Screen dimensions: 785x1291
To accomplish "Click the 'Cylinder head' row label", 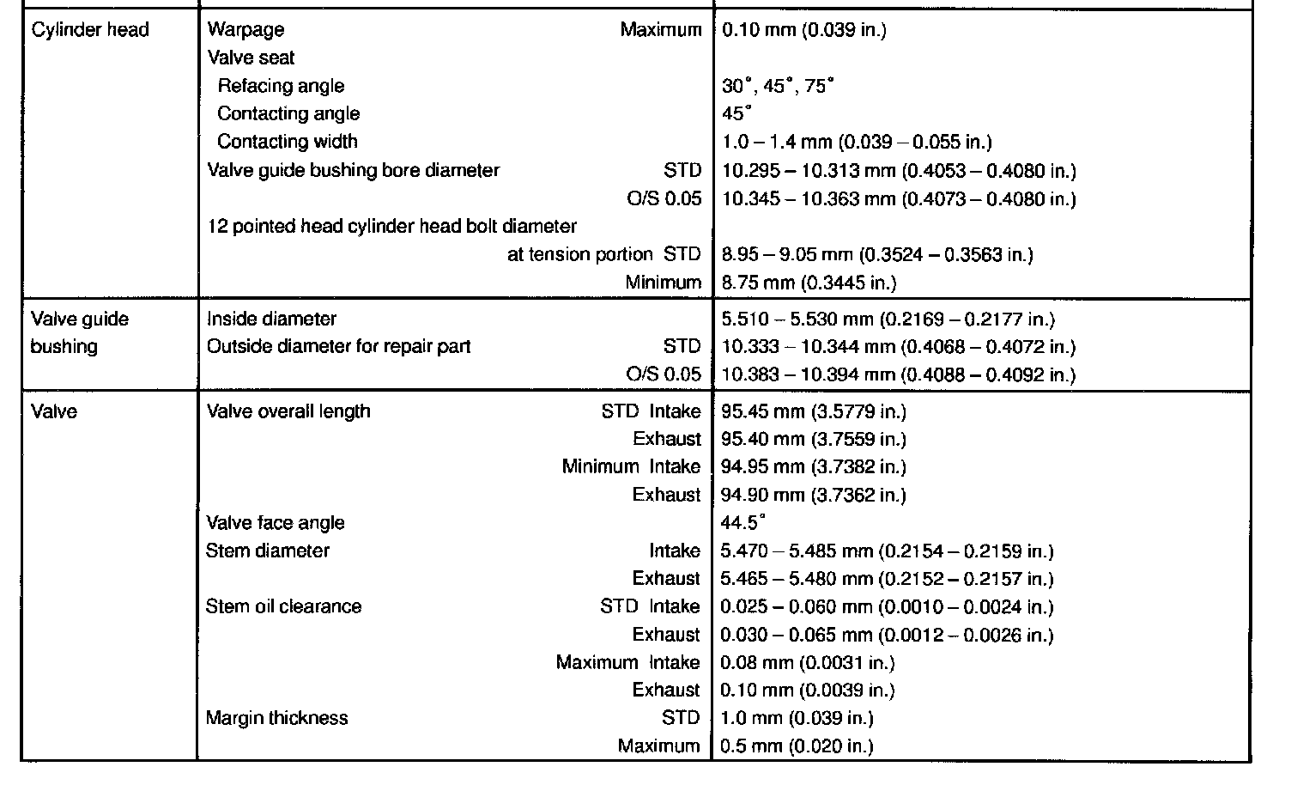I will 90,30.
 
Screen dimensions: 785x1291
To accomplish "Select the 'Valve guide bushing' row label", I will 79,332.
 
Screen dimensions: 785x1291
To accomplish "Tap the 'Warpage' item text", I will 245,30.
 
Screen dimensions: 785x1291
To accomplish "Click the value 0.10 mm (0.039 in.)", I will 804,30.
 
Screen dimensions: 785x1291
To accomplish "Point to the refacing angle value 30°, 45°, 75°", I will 778,86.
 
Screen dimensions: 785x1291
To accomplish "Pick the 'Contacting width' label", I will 288,142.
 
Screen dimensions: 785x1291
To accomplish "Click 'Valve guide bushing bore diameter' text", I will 353,170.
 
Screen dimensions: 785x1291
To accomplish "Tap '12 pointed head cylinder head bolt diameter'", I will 392,227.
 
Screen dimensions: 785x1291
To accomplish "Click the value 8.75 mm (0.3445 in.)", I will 809,283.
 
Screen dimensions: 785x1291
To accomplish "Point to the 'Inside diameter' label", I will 271,319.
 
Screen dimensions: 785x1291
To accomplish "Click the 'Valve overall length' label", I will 288,411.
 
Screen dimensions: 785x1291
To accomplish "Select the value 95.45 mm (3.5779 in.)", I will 814,411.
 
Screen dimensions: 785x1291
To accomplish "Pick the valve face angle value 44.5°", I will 743,523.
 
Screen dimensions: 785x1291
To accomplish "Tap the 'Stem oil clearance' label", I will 283,606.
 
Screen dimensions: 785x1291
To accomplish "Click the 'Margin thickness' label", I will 276,718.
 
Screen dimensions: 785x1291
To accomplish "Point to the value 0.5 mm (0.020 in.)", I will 797,746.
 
